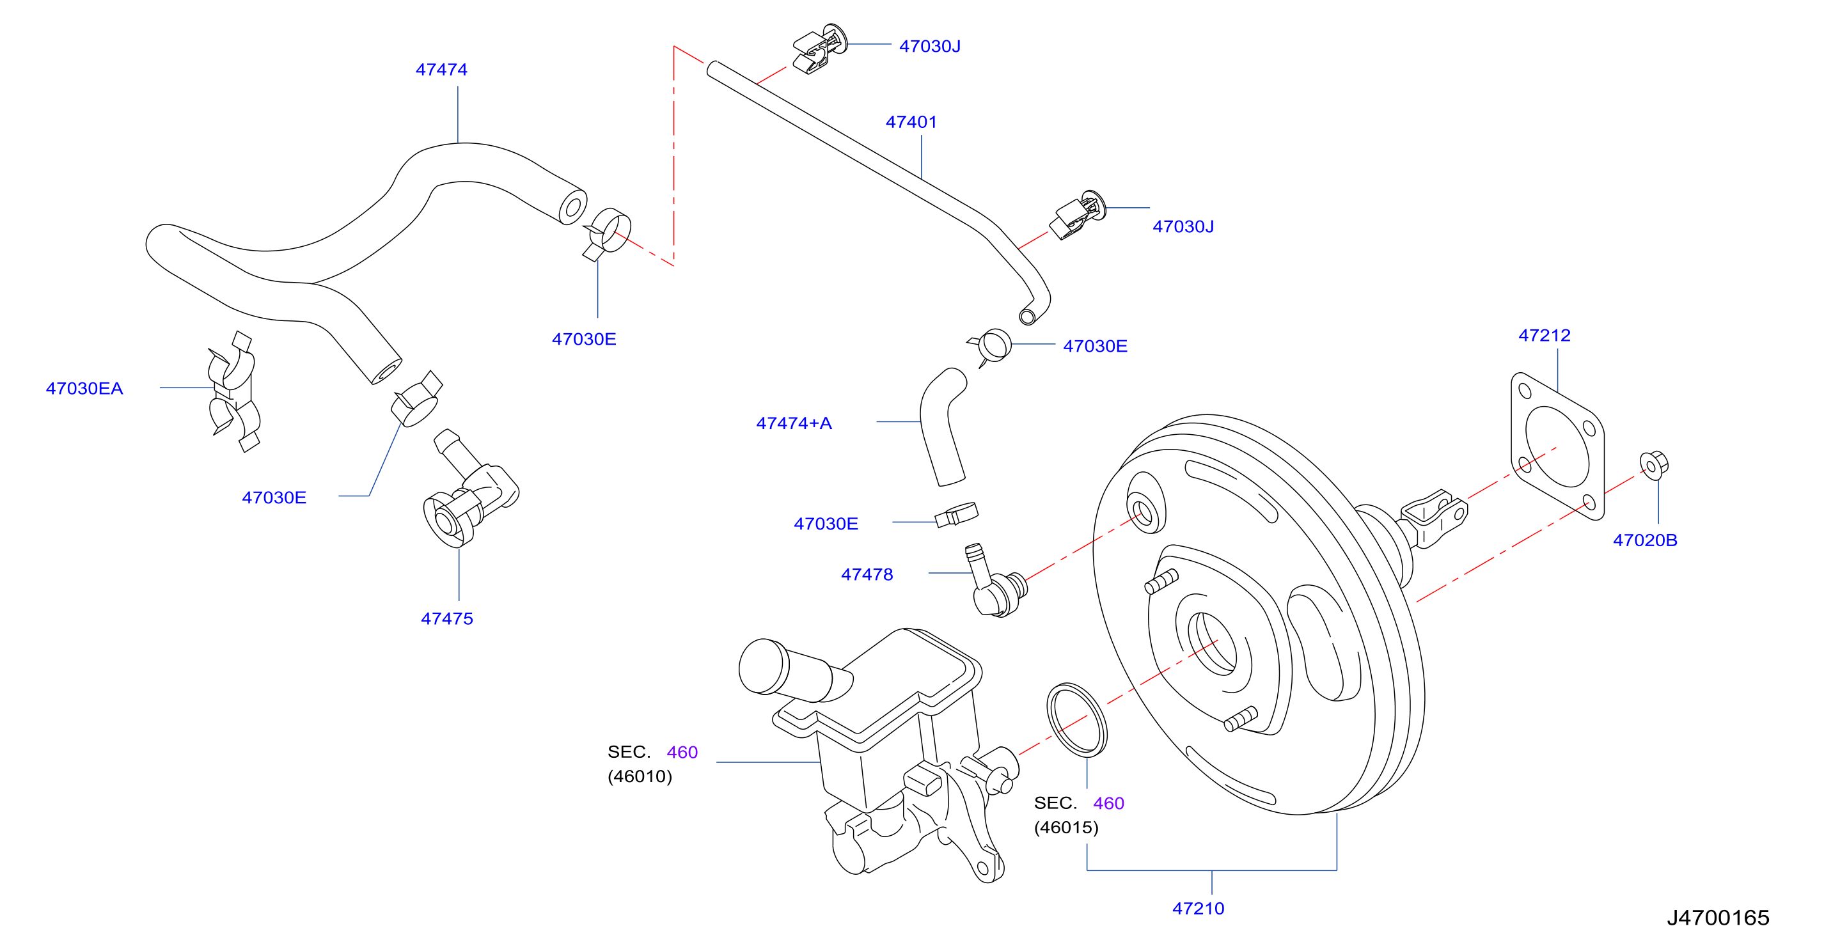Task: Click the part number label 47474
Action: [441, 69]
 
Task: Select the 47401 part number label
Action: [911, 122]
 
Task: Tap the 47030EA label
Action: [84, 388]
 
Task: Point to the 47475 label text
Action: [446, 618]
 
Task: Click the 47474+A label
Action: [794, 423]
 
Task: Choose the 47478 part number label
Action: [867, 574]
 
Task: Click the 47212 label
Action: [1545, 335]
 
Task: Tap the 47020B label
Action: [1645, 540]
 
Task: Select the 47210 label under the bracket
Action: [1198, 908]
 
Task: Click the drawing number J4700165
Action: [1718, 918]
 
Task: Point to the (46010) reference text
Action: [640, 776]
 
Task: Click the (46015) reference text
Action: [1065, 827]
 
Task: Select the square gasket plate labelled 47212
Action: [1557, 446]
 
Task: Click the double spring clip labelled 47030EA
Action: [233, 391]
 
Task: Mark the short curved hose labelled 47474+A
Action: [941, 427]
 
